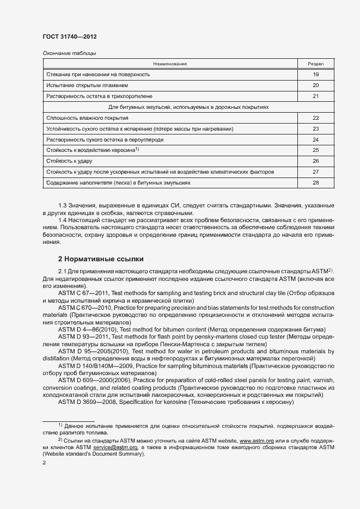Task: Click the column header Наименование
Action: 170,64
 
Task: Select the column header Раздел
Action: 316,64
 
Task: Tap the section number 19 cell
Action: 316,74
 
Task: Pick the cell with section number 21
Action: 316,96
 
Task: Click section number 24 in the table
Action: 316,139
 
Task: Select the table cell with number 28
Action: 316,183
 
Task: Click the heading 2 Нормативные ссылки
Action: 101,259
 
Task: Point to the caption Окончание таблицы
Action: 69,53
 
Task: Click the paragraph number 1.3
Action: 62,205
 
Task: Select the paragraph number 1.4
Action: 62,219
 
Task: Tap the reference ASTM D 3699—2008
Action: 88,402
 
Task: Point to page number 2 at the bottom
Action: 44,463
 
